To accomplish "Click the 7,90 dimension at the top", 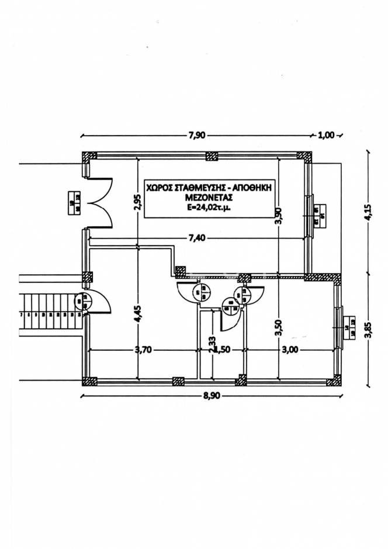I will click(x=196, y=135).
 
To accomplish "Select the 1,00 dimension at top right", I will click(x=325, y=135).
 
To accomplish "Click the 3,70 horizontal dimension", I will click(x=143, y=350).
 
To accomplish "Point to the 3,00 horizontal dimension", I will click(x=290, y=350).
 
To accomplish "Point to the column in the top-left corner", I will click(x=89, y=157).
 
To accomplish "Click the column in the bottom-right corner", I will click(x=334, y=382).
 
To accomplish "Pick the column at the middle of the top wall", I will click(x=211, y=156).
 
